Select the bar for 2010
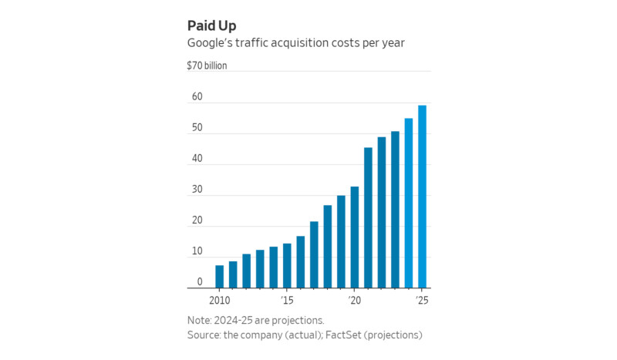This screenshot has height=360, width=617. click(x=220, y=276)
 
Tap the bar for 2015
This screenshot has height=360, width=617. click(x=287, y=265)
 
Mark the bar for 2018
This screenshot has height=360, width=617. click(x=328, y=246)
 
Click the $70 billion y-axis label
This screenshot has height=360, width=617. click(x=207, y=66)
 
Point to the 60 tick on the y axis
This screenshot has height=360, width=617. click(x=197, y=97)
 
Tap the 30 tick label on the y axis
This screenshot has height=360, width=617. click(x=197, y=190)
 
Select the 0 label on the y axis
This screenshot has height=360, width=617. click(x=199, y=282)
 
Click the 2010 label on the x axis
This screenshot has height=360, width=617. click(x=220, y=299)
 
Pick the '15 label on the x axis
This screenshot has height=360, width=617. click(x=287, y=299)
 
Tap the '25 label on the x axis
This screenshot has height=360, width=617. click(x=422, y=299)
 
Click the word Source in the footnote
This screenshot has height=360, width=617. click(x=204, y=335)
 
